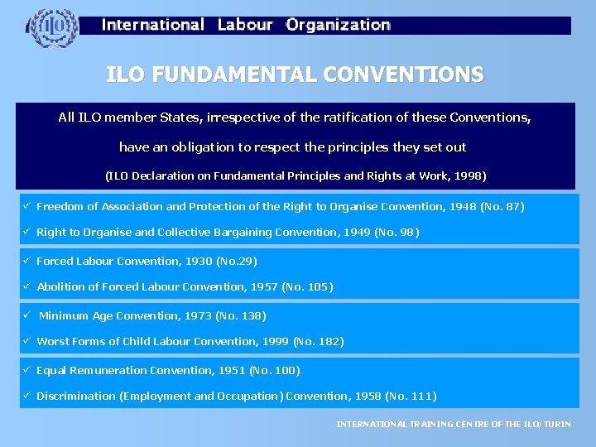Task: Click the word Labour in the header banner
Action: pyautogui.click(x=245, y=25)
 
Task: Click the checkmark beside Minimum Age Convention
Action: pyautogui.click(x=27, y=315)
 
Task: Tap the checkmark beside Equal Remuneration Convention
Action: pyautogui.click(x=27, y=369)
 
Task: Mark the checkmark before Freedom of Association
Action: pyautogui.click(x=27, y=205)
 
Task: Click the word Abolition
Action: pyautogui.click(x=60, y=287)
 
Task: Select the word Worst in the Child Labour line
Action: pyautogui.click(x=53, y=341)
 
